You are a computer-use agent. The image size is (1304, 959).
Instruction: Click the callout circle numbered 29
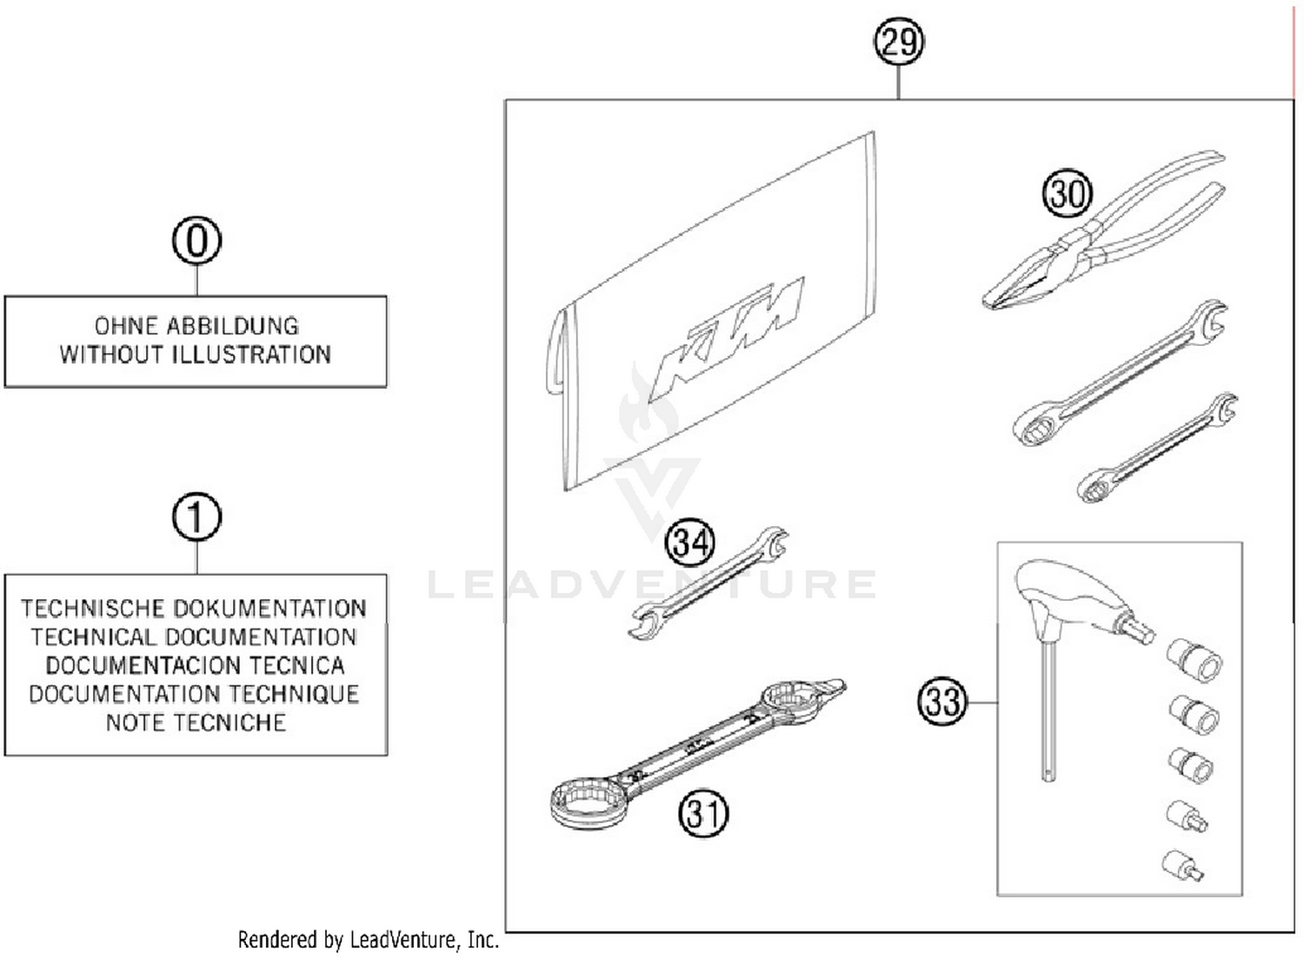tap(898, 42)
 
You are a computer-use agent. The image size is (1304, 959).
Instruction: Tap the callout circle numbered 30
tap(1067, 193)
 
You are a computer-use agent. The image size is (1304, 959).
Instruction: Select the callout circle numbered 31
tap(702, 814)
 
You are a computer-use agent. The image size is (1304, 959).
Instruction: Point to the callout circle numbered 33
tap(942, 701)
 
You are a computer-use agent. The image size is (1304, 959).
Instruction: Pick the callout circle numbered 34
tap(689, 543)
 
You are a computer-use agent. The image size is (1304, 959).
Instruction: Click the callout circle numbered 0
tap(196, 241)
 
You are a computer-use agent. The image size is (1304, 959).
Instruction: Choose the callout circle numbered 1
tap(196, 517)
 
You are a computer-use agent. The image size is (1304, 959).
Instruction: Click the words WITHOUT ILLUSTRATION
tap(196, 355)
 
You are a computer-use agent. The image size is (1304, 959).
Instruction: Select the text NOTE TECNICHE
tap(196, 723)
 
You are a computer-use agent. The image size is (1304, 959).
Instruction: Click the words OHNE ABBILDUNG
tap(196, 326)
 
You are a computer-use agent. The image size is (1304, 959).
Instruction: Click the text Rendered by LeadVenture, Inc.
tap(369, 940)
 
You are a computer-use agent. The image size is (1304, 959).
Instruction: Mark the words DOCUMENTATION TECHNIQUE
tap(194, 694)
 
